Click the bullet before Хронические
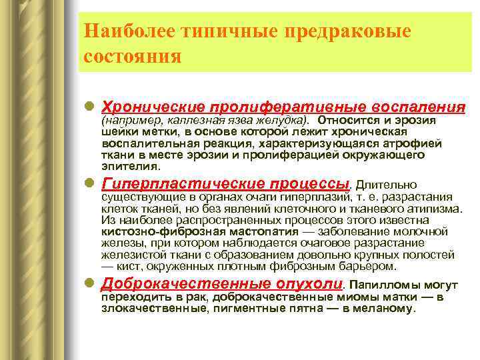[90, 107]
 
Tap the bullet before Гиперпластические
[90, 183]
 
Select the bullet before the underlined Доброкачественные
[90, 283]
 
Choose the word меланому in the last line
[390, 309]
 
